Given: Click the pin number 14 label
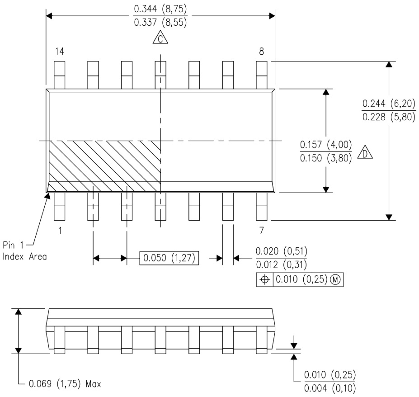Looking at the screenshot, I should coord(59,52).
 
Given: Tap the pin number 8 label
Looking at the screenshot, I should coord(261,52).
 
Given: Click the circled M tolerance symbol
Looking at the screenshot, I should coord(336,280).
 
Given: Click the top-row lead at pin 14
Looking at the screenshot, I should coord(60,74).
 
